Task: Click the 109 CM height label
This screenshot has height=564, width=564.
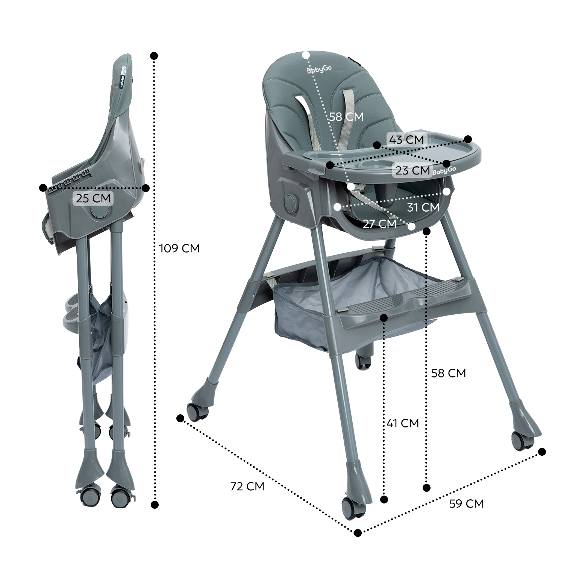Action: point(179,249)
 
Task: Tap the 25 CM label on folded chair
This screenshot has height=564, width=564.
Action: point(93,198)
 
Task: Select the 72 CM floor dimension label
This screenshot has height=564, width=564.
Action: point(247,486)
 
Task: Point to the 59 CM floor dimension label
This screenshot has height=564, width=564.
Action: point(466,503)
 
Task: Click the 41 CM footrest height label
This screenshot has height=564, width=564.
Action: point(403,423)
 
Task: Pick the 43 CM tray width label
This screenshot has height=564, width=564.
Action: point(406,139)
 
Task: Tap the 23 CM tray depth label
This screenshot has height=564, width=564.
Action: point(413,170)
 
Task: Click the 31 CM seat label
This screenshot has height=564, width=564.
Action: point(423,207)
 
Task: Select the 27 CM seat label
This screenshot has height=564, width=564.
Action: point(380,224)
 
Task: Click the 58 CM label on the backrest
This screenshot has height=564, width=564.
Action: point(347,117)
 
